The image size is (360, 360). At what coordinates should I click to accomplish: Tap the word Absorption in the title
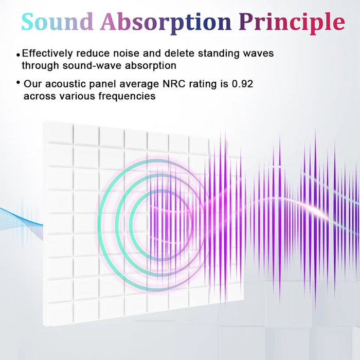[x=166, y=22]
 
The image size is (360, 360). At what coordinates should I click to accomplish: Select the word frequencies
[x=127, y=96]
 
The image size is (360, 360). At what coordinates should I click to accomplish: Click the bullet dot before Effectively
[x=19, y=55]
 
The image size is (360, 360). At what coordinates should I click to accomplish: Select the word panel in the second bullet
[x=106, y=84]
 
